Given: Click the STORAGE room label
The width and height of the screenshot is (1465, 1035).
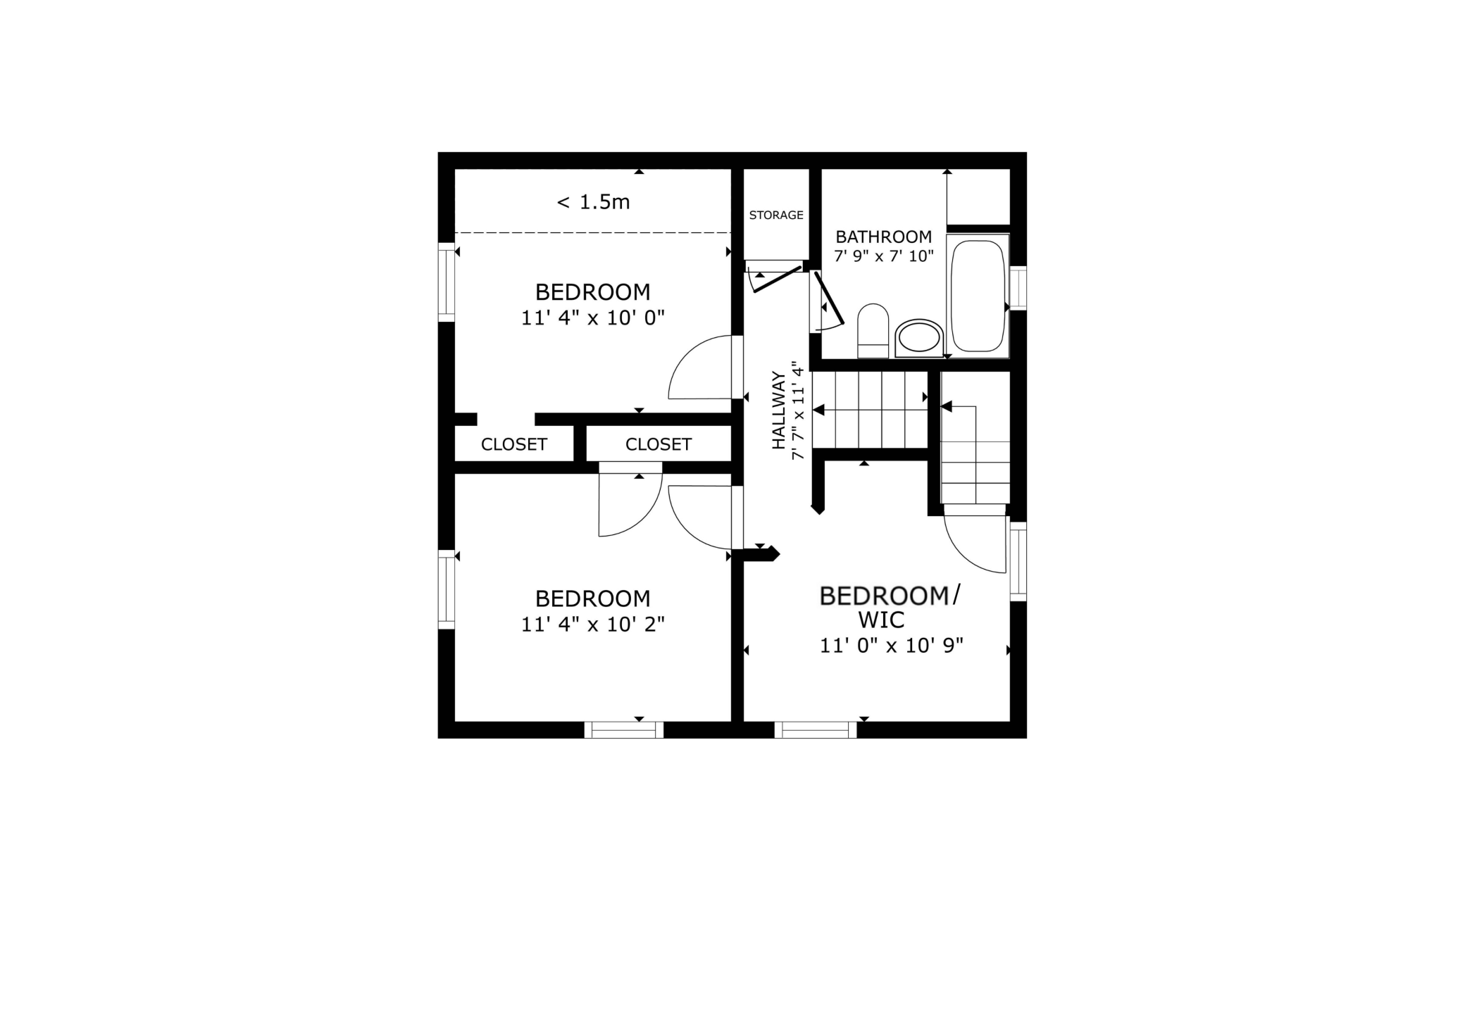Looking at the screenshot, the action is (776, 215).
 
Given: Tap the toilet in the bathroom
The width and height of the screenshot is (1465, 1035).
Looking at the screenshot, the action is (873, 331).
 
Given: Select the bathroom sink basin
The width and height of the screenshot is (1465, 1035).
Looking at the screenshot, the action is (919, 339).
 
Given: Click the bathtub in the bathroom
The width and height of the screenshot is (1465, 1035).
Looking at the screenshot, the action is (978, 296).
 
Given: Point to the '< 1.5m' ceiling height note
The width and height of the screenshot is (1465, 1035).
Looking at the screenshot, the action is (593, 203).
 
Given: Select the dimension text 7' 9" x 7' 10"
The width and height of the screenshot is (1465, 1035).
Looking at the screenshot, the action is (884, 256).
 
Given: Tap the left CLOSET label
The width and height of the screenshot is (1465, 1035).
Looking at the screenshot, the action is (514, 444).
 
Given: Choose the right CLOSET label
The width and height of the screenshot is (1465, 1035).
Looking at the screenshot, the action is (659, 444).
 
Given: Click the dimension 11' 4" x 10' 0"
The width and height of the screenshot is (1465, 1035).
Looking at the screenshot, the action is (593, 318).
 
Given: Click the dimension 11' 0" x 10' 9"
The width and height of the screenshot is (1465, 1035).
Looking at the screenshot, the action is (892, 646).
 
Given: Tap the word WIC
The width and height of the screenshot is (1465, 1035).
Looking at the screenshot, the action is (881, 620).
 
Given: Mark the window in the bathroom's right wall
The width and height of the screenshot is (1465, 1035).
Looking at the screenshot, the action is (1018, 287).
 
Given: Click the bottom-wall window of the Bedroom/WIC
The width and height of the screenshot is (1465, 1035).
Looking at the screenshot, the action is (816, 730).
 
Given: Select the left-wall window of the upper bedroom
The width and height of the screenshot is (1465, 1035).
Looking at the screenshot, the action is (447, 282).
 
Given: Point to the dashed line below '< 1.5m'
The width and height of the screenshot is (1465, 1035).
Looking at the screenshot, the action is (593, 232).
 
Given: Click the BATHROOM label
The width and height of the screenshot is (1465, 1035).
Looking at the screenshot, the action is (884, 237).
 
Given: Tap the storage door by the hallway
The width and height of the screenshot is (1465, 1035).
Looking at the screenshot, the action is (778, 279).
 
